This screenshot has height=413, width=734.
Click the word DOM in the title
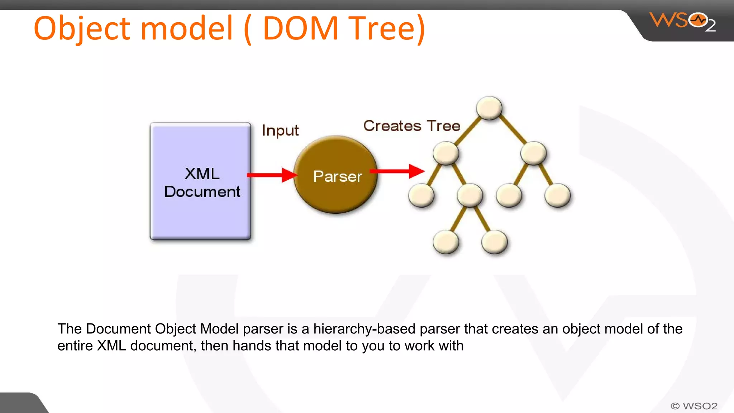click(300, 29)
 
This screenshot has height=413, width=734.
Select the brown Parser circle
click(335, 175)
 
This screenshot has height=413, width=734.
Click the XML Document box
click(200, 181)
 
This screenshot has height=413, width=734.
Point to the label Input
click(280, 130)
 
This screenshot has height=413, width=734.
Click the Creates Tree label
click(411, 126)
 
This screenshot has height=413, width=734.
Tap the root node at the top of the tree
click(489, 108)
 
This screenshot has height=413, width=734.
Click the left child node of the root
click(446, 153)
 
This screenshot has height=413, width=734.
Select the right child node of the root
click(533, 153)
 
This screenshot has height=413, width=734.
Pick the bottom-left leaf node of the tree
click(446, 242)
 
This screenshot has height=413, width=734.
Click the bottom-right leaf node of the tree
click(494, 242)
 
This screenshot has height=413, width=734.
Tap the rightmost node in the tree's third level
click(557, 195)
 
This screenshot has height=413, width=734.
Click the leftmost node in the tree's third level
click(421, 195)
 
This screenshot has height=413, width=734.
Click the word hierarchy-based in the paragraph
click(364, 329)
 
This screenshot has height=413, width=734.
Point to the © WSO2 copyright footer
click(694, 406)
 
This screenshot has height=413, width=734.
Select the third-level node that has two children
click(470, 195)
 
